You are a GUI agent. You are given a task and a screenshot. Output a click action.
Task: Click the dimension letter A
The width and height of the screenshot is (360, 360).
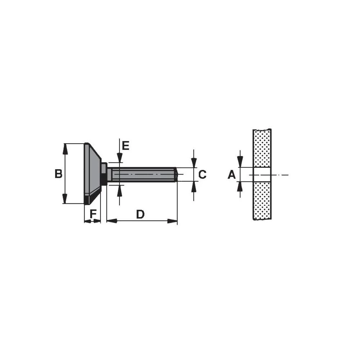[x=231, y=175]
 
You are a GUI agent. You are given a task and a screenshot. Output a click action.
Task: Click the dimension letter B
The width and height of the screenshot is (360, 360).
[x=58, y=174]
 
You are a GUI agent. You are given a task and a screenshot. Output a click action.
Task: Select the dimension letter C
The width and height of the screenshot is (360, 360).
[x=202, y=175]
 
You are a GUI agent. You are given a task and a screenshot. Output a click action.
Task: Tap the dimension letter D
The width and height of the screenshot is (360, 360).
[x=140, y=215]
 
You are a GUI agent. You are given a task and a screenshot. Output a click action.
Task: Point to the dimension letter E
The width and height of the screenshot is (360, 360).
[x=125, y=146]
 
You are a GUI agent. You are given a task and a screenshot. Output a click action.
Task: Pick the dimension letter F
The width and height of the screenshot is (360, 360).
[x=93, y=214]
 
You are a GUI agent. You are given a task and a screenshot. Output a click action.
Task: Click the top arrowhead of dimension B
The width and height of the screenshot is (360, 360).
[x=65, y=148]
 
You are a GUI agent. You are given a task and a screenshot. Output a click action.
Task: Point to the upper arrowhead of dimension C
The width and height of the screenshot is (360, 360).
[x=194, y=163]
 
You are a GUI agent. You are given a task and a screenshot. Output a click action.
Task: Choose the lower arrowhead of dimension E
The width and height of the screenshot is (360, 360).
[x=119, y=189]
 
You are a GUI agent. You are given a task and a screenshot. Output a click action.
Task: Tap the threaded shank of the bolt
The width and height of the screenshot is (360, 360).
[x=144, y=175]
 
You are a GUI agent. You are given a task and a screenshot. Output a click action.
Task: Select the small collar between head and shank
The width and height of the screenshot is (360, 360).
[x=104, y=174]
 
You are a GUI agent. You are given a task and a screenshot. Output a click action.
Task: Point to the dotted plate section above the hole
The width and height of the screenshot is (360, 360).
[x=262, y=148]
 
